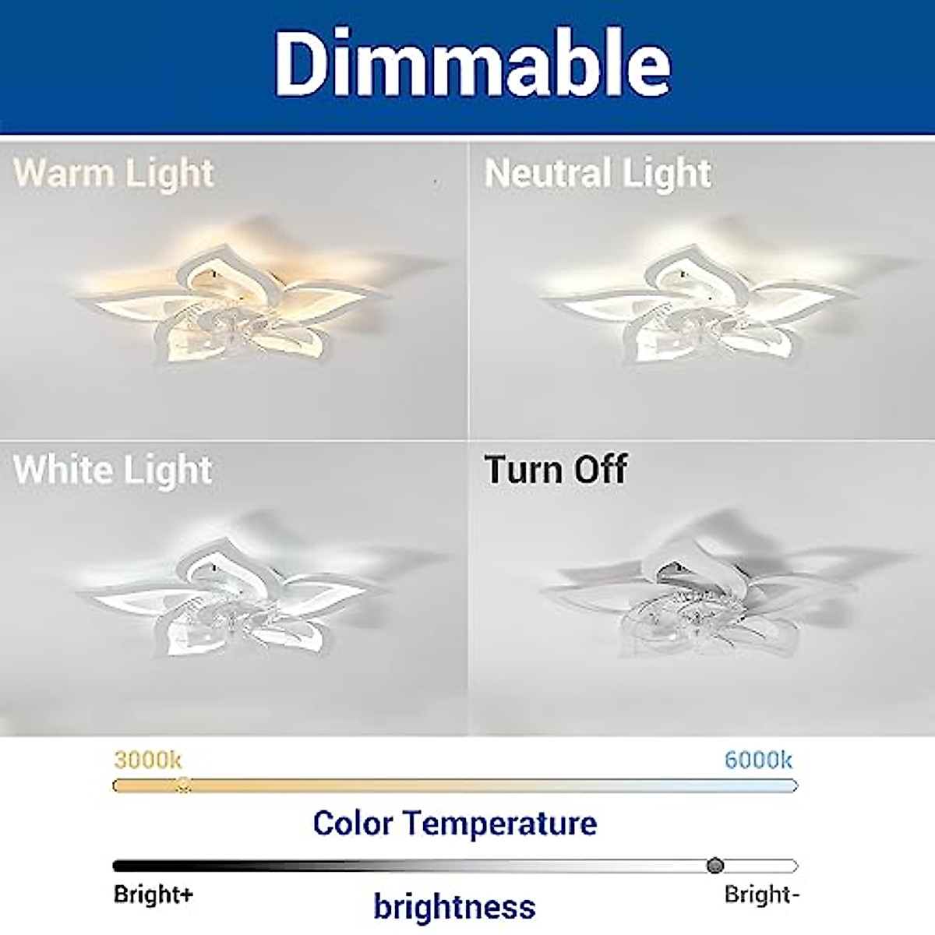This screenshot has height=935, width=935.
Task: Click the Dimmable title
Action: [x=472, y=64]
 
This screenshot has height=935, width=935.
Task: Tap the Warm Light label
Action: [x=114, y=174]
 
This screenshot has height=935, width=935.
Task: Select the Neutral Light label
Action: [x=598, y=174]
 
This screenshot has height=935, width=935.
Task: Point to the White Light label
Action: [x=112, y=470]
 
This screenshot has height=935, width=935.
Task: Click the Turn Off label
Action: [x=556, y=469]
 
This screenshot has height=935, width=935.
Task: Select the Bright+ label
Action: [x=153, y=894]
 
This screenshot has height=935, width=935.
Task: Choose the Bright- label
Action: [x=761, y=894]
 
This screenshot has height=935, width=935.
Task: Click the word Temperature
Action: [x=500, y=824]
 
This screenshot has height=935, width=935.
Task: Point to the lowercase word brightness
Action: [x=454, y=905]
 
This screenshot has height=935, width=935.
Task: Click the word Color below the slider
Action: [x=353, y=824]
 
